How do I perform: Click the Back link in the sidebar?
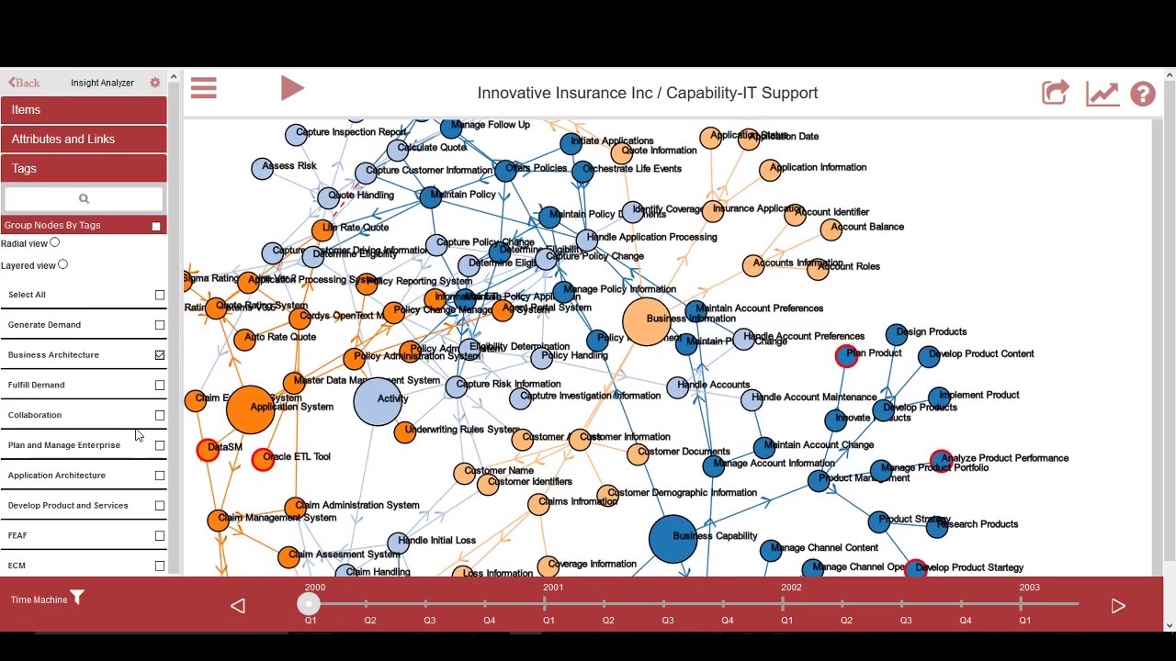[x=24, y=83]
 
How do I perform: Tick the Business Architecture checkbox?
[x=160, y=355]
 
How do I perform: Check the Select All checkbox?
[x=160, y=295]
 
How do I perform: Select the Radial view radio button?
[x=55, y=243]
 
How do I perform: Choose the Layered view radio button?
[x=62, y=264]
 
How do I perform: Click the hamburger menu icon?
[x=204, y=88]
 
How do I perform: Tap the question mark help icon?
[x=1142, y=94]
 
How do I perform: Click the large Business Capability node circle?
[x=673, y=538]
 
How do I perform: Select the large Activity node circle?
[x=378, y=401]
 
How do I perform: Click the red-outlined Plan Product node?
[x=846, y=356]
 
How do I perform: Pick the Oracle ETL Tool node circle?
[x=263, y=459]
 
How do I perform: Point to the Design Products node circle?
[x=897, y=335]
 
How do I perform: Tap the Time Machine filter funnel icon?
[x=77, y=599]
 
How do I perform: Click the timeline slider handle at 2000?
[x=309, y=603]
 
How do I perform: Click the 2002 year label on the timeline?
[x=790, y=588]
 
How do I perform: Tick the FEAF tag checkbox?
[x=160, y=536]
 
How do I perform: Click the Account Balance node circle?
[x=831, y=230]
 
